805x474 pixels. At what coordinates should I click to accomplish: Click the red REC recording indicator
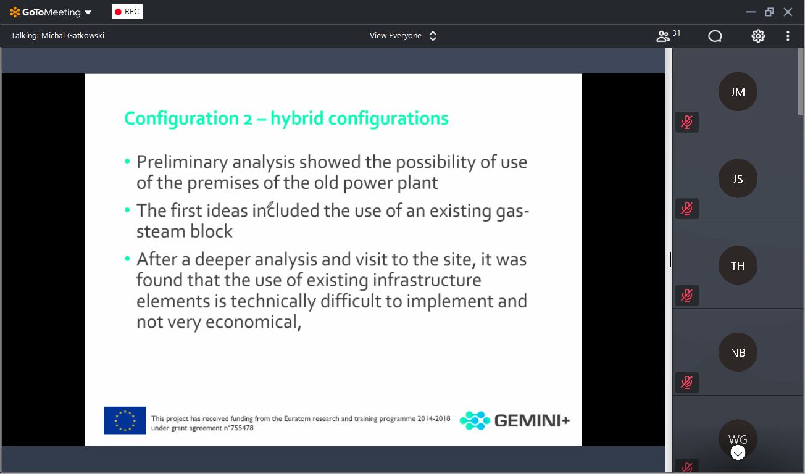(x=127, y=12)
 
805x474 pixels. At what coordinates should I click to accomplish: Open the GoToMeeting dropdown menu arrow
(x=88, y=12)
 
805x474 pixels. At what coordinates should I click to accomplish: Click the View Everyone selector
(x=403, y=36)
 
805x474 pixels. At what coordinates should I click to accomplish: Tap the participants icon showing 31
(x=668, y=36)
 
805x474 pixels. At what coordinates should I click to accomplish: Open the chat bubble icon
(x=715, y=36)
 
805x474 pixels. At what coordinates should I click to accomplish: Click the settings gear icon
(x=758, y=36)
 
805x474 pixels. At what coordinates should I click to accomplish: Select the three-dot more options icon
(x=788, y=36)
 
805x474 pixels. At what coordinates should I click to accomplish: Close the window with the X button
(x=788, y=12)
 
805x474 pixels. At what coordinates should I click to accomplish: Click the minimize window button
(x=751, y=12)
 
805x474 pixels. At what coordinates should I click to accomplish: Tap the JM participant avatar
(x=738, y=91)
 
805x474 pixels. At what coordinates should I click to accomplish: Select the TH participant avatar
(x=738, y=265)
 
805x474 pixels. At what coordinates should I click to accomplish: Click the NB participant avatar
(x=738, y=352)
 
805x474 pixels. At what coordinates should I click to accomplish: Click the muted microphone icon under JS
(x=686, y=209)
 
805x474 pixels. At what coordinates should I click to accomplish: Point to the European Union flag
(x=125, y=420)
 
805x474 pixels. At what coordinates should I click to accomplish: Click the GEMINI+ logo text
(x=532, y=420)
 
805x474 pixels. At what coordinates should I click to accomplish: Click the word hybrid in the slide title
(x=297, y=118)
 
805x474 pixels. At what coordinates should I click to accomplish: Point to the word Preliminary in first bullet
(x=182, y=162)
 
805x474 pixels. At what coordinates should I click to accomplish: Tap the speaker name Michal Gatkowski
(x=73, y=36)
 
